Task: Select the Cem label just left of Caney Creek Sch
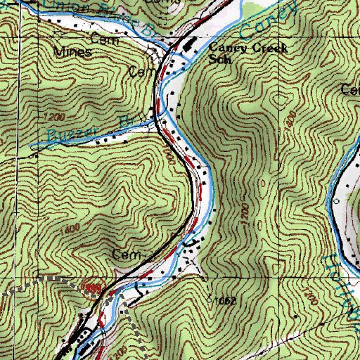tap(141, 72)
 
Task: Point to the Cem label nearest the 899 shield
tap(123, 252)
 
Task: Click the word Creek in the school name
tap(257, 47)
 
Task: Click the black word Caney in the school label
tap(225, 47)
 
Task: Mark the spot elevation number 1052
tap(223, 300)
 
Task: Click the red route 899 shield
tap(91, 288)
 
